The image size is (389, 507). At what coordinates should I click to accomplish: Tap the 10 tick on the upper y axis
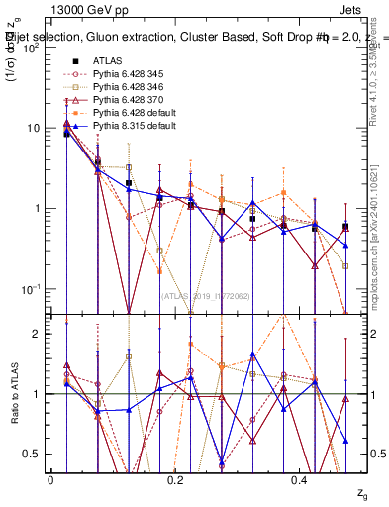pos(36,128)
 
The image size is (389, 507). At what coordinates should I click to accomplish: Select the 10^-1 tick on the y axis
pos(34,289)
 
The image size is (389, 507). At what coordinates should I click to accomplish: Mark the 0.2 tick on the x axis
pos(175,479)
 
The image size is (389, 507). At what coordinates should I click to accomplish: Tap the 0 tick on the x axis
pos(50,479)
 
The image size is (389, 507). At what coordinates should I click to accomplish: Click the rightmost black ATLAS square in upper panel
pos(344,227)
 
